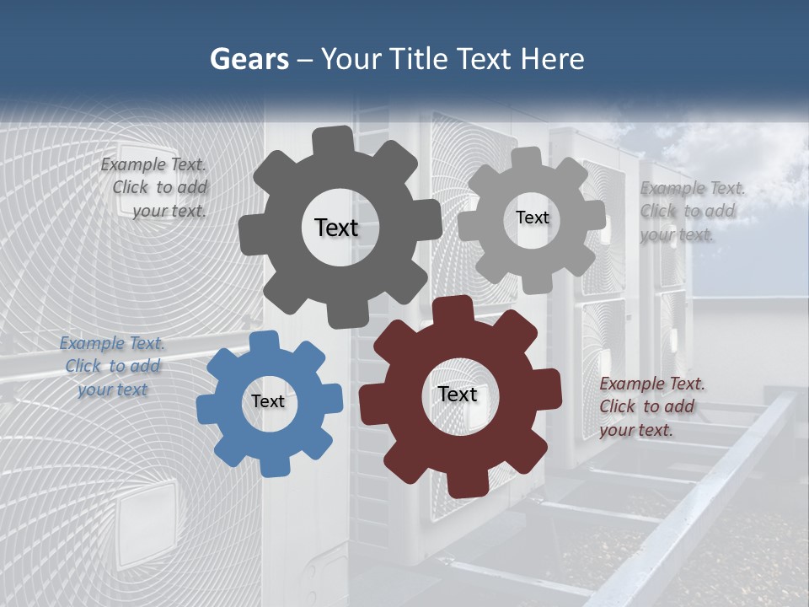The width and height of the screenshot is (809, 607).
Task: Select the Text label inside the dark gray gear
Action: [336, 228]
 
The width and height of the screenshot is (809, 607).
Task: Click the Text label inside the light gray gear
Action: [532, 218]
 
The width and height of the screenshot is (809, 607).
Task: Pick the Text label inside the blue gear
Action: [268, 401]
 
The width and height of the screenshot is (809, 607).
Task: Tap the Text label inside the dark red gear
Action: [458, 394]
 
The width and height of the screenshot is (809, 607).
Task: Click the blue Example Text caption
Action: [112, 366]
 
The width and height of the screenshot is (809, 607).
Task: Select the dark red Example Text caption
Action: [651, 406]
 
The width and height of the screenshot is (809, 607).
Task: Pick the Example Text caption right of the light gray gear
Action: [691, 211]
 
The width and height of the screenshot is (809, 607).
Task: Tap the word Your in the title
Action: [351, 60]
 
